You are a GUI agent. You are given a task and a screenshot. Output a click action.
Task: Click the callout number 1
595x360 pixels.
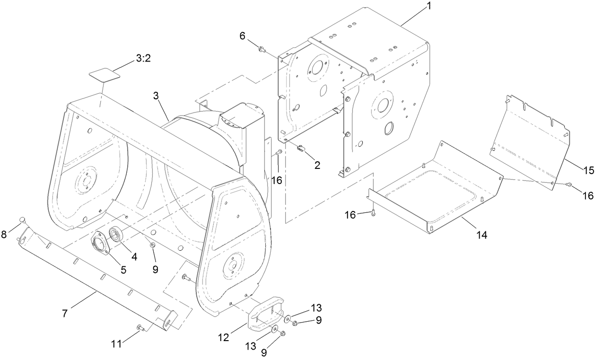coord(429,7)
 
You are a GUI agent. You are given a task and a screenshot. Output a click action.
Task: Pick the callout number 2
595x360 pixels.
coord(317,165)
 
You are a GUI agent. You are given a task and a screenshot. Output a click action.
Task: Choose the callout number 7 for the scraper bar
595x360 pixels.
coord(64,313)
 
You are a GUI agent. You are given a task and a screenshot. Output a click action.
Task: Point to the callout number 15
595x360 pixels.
coord(588,171)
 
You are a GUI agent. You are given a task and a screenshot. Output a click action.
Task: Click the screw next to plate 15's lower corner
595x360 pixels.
coord(569,184)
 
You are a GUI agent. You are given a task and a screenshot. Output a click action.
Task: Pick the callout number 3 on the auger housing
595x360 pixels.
coord(156,96)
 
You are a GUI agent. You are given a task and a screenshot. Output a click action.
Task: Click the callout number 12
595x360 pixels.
coord(224,337)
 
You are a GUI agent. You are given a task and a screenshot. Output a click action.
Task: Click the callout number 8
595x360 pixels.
coord(4,234)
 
